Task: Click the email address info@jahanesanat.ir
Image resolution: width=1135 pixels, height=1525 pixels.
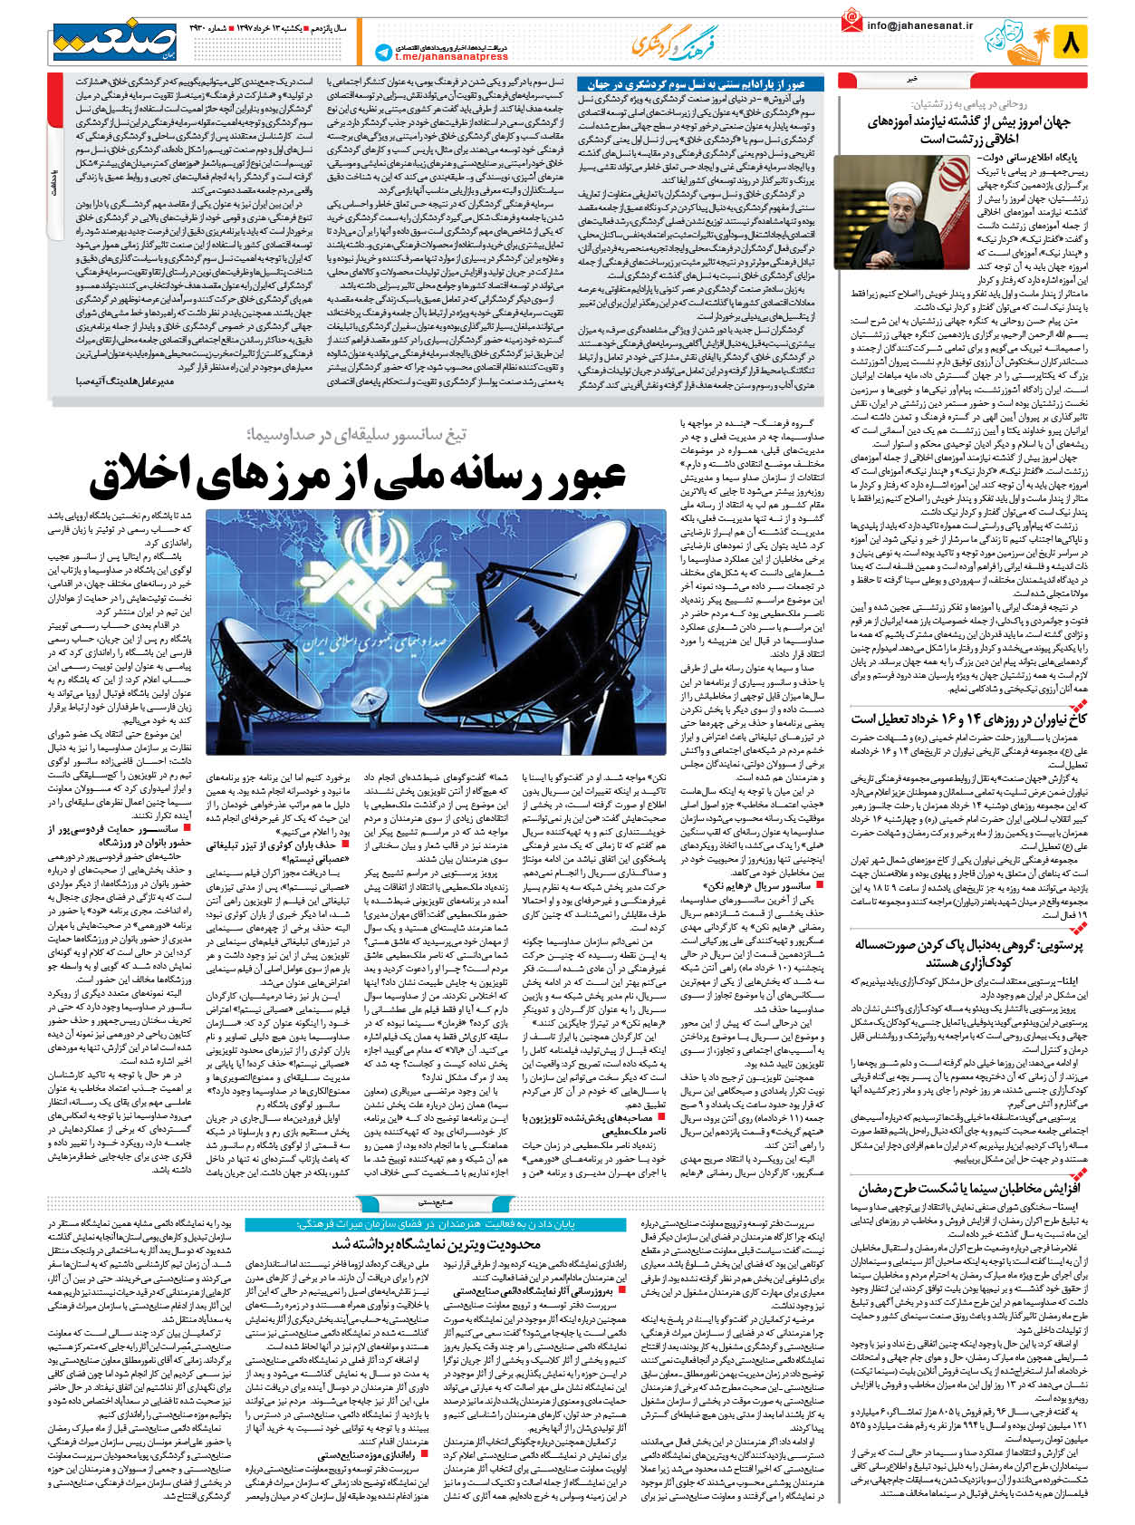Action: click(919, 26)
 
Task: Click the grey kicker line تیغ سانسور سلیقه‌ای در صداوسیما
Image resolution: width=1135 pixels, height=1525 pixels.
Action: click(356, 434)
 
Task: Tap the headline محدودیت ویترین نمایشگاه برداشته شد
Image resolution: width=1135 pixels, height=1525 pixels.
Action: click(437, 1243)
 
